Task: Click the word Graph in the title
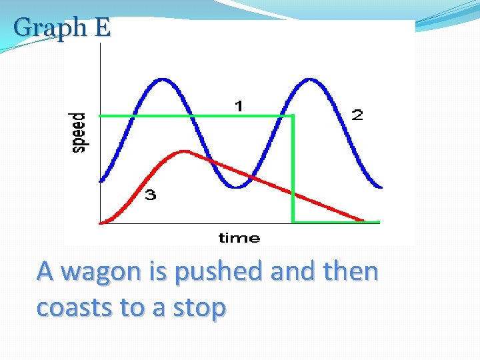tap(50, 28)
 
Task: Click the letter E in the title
tap(102, 28)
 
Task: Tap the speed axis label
tap(79, 133)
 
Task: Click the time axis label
tap(239, 238)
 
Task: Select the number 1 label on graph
tap(238, 105)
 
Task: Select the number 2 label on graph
tap(357, 115)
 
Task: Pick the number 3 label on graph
tap(151, 195)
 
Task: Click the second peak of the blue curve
tap(309, 79)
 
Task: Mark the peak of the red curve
tap(185, 151)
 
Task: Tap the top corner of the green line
tap(293, 116)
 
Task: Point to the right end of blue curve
tap(381, 187)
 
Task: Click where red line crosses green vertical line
tap(293, 192)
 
